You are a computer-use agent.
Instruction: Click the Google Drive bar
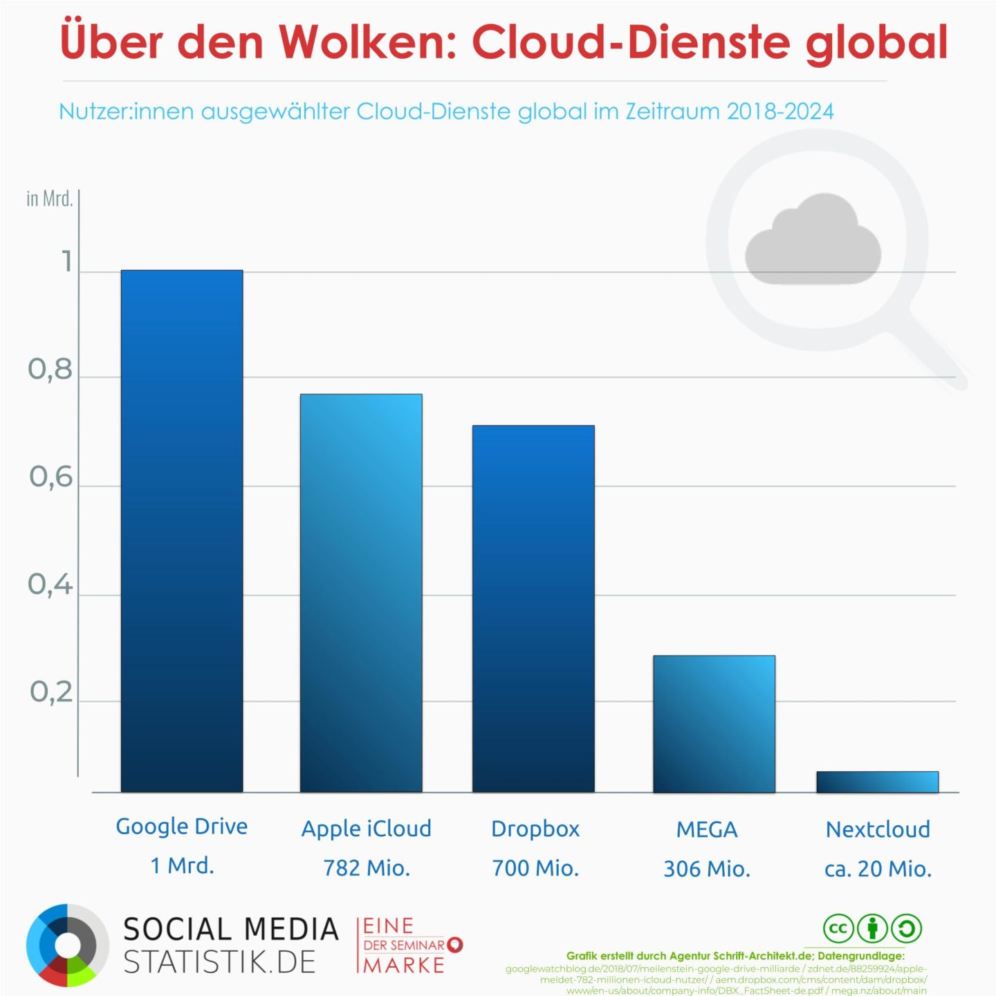182,531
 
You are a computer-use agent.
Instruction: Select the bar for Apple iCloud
361,593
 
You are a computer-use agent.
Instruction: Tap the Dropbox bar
533,608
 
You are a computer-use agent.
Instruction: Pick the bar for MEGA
714,723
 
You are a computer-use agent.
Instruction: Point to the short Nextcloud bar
877,782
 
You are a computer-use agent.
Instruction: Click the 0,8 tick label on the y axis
50,370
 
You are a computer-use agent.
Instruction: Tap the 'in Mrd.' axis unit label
49,199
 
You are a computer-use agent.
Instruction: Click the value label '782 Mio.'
367,868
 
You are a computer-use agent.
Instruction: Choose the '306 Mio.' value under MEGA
707,869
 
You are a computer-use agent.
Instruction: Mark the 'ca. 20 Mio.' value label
878,869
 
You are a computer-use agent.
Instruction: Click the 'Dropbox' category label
535,829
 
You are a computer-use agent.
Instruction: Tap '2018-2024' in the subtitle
780,111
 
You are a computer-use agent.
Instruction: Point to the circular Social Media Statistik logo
67,945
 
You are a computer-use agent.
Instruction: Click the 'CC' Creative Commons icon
838,928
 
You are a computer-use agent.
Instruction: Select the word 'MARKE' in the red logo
405,966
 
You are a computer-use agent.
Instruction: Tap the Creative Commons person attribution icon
872,928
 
